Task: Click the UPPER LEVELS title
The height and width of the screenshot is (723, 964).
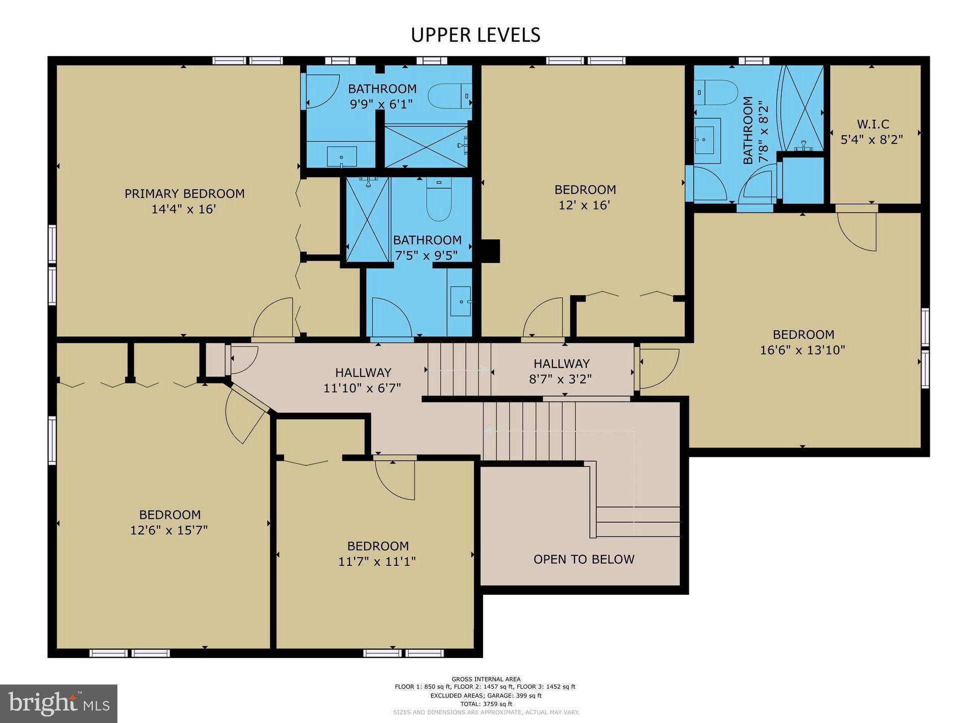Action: tap(476, 35)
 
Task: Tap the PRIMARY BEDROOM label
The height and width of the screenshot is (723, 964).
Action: tap(184, 194)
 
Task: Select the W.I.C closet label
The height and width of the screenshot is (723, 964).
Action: tap(873, 124)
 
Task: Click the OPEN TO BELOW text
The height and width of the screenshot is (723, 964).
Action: tap(584, 559)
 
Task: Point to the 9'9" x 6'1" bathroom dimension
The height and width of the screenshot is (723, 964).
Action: tap(382, 104)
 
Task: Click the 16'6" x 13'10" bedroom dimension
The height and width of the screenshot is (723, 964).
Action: tap(803, 350)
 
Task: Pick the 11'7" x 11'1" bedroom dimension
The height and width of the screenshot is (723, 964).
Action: tap(377, 562)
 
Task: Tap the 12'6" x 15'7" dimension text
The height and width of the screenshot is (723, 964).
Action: tap(169, 530)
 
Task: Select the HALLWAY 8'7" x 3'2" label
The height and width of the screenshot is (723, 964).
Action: tap(561, 371)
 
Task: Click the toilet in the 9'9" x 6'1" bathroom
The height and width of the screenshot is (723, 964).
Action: tap(450, 96)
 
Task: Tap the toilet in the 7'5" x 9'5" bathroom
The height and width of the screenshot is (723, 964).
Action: tap(439, 199)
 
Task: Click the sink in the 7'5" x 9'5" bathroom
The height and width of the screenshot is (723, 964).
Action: tap(461, 301)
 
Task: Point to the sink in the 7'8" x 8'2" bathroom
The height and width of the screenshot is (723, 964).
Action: tap(707, 141)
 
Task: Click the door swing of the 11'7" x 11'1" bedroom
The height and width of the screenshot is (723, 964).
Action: tap(395, 480)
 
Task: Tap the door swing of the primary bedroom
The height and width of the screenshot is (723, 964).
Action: tap(273, 318)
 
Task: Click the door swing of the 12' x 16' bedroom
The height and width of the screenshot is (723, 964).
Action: tap(542, 318)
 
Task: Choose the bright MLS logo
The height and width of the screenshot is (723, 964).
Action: tap(59, 704)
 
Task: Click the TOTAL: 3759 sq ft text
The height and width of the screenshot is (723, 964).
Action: tap(486, 704)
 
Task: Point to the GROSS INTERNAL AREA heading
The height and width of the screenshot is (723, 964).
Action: tap(486, 679)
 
